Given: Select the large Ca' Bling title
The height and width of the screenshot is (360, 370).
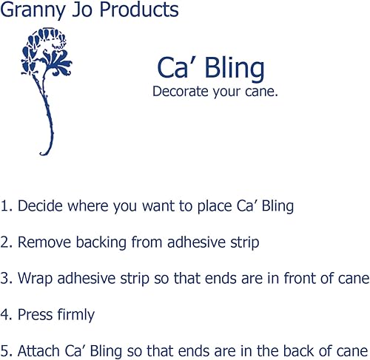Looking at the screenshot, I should pyautogui.click(x=210, y=68).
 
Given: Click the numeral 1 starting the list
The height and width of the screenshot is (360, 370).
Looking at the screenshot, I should pyautogui.click(x=4, y=206).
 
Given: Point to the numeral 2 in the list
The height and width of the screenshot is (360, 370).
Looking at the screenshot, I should pyautogui.click(x=5, y=242).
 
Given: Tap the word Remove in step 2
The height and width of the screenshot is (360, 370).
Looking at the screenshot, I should pyautogui.click(x=41, y=242).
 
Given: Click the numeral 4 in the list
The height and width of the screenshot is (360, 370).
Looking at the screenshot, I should pyautogui.click(x=5, y=315).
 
